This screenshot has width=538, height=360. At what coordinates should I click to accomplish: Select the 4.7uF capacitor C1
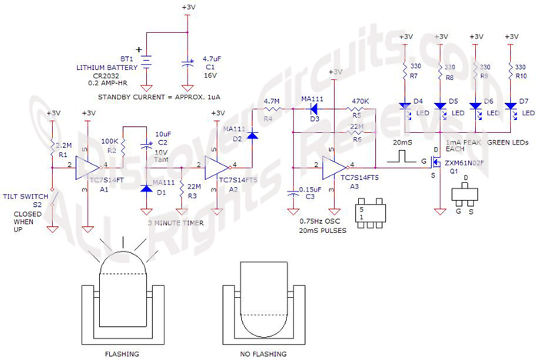coord(187,61)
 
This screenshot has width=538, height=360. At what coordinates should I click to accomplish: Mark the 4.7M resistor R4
coord(271,110)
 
